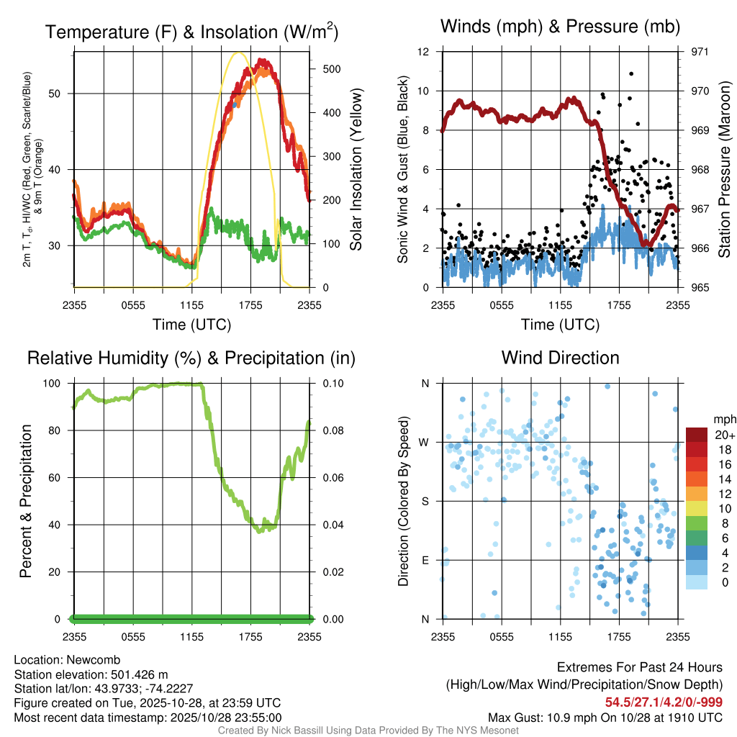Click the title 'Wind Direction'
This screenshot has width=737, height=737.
click(560, 358)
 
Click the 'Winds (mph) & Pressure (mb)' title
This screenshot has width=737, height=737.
click(560, 27)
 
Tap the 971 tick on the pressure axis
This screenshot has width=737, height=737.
click(699, 52)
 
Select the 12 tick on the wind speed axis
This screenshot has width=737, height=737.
click(424, 52)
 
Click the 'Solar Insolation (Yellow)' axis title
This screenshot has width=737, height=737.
click(356, 170)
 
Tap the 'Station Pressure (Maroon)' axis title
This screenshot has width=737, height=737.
click(725, 170)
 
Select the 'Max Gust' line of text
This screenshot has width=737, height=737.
click(605, 717)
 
